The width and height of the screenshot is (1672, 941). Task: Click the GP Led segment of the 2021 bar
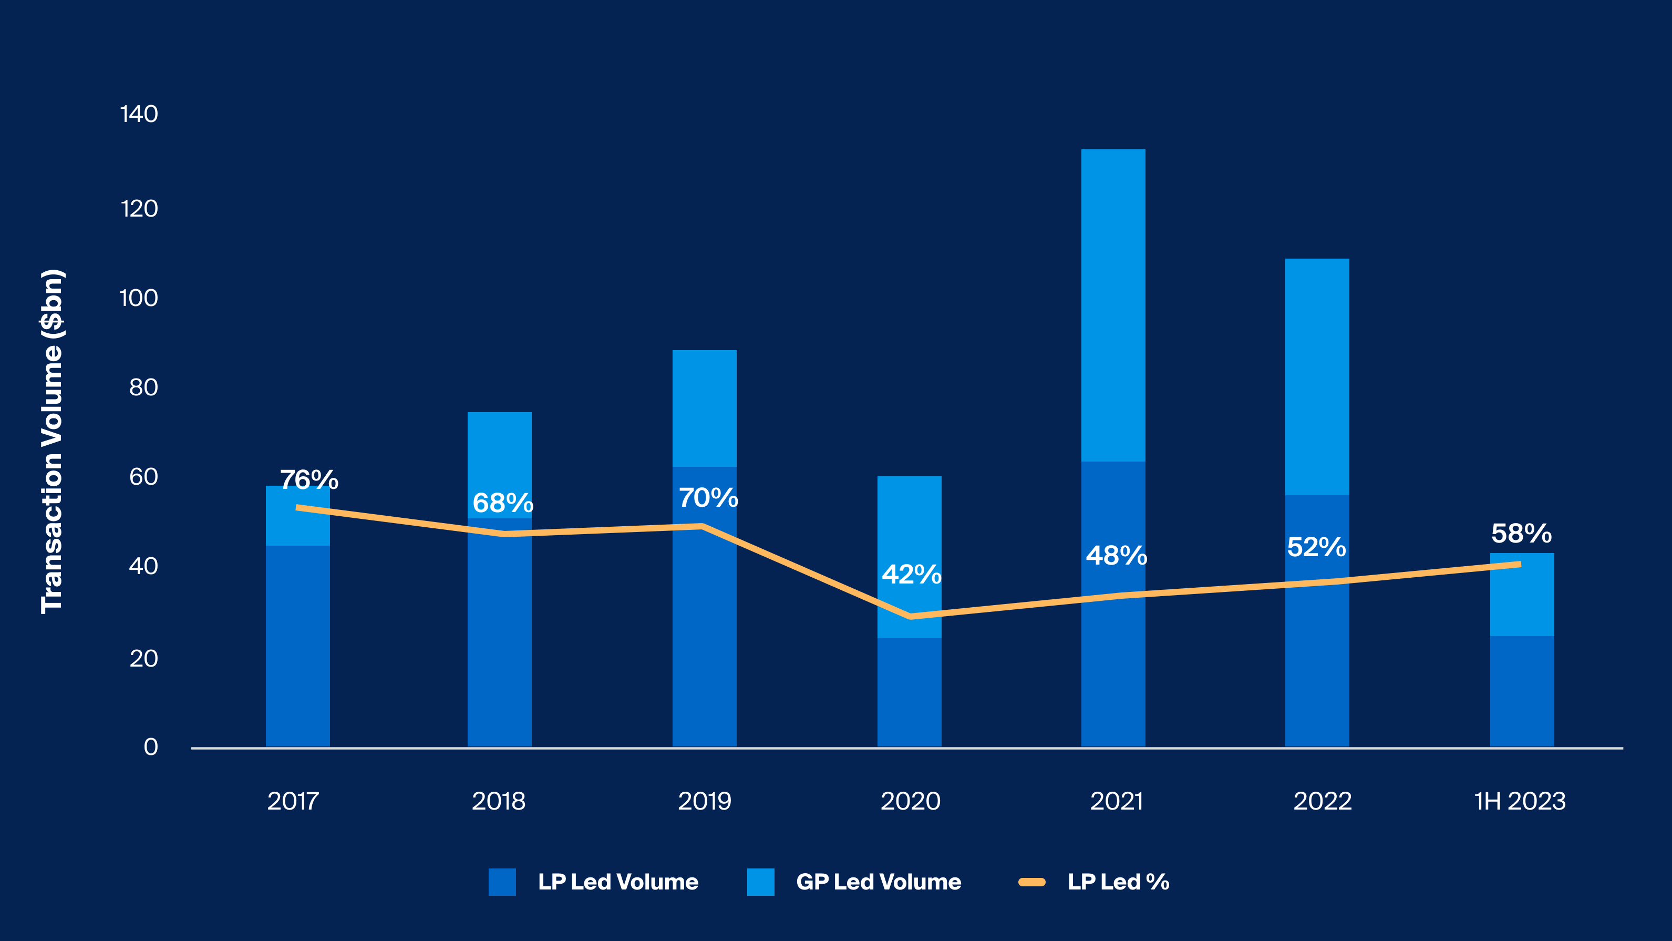coord(1113,305)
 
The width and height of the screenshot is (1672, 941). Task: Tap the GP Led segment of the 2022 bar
coord(1317,376)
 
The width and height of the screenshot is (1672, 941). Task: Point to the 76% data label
coord(309,480)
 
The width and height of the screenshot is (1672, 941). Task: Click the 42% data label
coord(911,574)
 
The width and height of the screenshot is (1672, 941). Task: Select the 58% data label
coord(1521,534)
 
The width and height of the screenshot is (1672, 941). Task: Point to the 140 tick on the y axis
coord(139,114)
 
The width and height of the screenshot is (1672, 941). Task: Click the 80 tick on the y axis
coord(143,387)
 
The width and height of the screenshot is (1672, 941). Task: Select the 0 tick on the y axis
coord(151,747)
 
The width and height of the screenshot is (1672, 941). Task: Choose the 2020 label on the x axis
coord(910,801)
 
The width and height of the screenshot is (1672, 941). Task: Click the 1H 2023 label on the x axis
coord(1520,801)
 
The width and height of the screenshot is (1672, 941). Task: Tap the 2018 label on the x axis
coord(499,801)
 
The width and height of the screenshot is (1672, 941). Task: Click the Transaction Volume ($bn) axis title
coord(52,442)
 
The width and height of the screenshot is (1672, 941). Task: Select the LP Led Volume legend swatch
coord(502,882)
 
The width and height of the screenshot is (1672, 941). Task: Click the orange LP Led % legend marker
coord(1032,882)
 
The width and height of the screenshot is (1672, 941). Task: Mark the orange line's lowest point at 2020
coord(911,616)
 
